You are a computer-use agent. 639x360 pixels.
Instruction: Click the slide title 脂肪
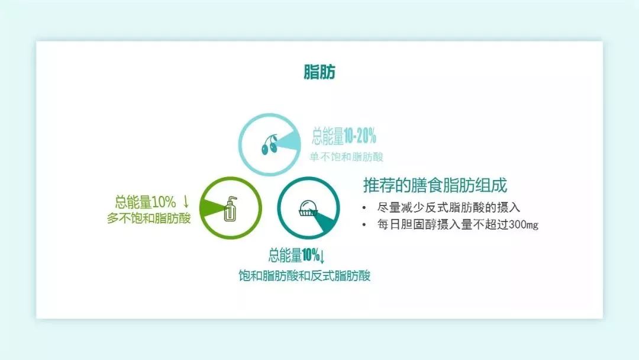coord(319,72)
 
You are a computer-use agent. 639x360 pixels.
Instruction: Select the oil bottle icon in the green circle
coord(230,208)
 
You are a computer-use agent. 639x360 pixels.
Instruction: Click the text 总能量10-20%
coord(344,137)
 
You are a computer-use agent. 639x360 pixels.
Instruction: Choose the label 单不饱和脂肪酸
coord(347,157)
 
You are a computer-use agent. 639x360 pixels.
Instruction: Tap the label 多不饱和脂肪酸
coord(149,218)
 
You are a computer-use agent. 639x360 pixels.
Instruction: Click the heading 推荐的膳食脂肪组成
coord(435,185)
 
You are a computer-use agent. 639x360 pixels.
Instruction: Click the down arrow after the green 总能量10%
coord(186,200)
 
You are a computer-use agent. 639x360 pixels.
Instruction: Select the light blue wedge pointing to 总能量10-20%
coord(295,142)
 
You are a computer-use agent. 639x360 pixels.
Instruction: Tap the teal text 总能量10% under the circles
coord(293,256)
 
